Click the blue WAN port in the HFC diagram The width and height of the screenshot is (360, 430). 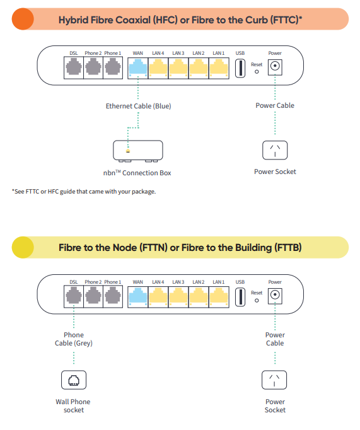(138, 67)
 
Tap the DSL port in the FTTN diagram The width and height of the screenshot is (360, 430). (74, 296)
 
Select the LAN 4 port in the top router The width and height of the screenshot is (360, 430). (158, 67)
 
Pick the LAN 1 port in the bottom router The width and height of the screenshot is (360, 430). (219, 296)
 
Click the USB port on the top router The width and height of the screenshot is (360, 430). (240, 67)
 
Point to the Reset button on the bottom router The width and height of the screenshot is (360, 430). (257, 301)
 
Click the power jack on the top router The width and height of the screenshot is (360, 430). (275, 66)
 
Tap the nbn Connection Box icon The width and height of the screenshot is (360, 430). (138, 151)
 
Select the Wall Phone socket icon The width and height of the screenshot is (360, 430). (74, 380)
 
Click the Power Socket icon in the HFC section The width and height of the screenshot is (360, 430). (275, 150)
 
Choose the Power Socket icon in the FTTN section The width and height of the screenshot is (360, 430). (274, 380)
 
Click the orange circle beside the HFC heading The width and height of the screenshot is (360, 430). (23, 19)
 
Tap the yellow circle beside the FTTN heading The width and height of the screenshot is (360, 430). (23, 247)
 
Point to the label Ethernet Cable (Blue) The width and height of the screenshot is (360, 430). (139, 106)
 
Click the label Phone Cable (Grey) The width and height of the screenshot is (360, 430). (74, 339)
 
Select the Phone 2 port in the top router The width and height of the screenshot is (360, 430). (93, 67)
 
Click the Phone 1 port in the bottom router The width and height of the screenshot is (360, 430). (113, 296)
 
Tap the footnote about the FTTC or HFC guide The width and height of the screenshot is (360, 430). (84, 192)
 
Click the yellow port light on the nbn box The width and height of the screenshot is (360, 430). (128, 151)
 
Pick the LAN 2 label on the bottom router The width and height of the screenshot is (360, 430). (199, 282)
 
